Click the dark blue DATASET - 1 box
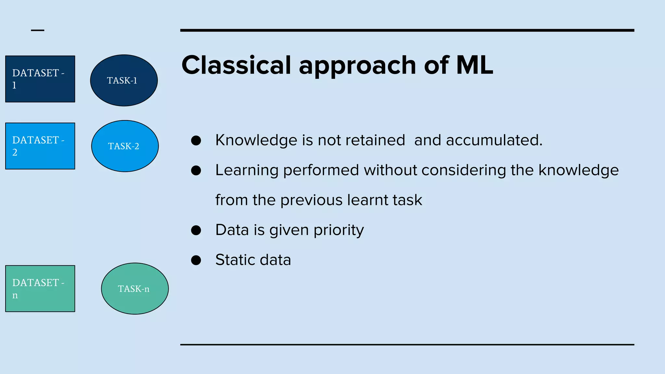pyautogui.click(x=40, y=79)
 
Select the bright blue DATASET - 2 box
pyautogui.click(x=40, y=146)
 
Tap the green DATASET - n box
pyautogui.click(x=40, y=289)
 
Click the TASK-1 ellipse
pyautogui.click(x=124, y=80)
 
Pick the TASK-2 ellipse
pyautogui.click(x=125, y=146)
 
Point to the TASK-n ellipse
pyautogui.click(x=135, y=289)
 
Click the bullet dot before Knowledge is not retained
pyautogui.click(x=196, y=141)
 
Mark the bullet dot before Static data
pyautogui.click(x=196, y=260)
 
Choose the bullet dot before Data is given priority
pyautogui.click(x=196, y=230)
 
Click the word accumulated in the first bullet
pyautogui.click(x=494, y=140)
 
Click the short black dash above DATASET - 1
pyautogui.click(x=38, y=30)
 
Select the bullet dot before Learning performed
pyautogui.click(x=196, y=170)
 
